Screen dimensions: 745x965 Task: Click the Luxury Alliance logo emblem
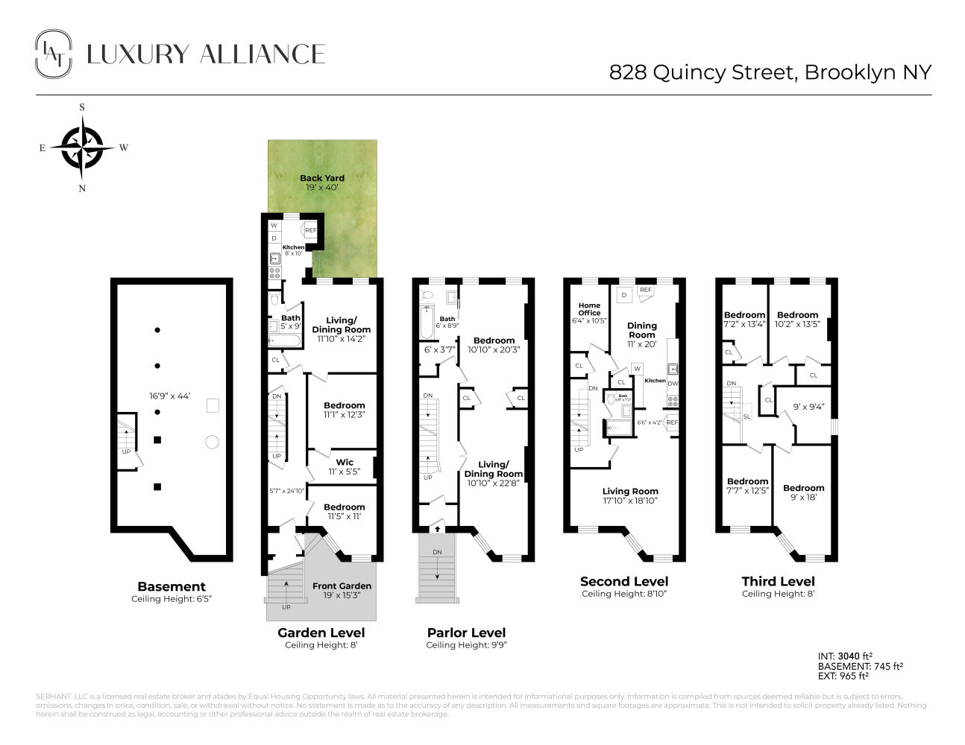click(54, 54)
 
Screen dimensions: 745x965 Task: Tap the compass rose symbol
click(82, 148)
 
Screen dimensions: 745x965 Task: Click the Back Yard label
click(322, 179)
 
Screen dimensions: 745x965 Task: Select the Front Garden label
click(342, 586)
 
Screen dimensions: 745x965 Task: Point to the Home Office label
click(589, 309)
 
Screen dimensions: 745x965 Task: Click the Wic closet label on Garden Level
click(345, 463)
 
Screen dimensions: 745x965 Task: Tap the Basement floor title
click(172, 586)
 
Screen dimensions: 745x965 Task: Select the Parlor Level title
click(466, 633)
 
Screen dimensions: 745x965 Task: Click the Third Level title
click(778, 581)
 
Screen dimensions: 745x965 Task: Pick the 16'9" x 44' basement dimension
click(170, 396)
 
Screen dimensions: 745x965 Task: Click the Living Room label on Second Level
click(630, 492)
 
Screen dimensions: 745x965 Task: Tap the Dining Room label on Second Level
click(642, 330)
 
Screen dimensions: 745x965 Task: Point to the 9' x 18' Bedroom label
click(803, 492)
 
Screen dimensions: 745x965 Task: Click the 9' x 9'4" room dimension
click(808, 408)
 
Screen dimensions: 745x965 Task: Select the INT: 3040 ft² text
click(845, 656)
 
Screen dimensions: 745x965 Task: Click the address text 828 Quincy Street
click(770, 72)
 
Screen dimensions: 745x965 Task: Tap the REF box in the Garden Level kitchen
click(310, 230)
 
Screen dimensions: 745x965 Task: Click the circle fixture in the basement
click(212, 443)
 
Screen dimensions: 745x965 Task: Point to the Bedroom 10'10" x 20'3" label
click(494, 345)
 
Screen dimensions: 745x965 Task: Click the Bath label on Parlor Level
click(447, 319)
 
